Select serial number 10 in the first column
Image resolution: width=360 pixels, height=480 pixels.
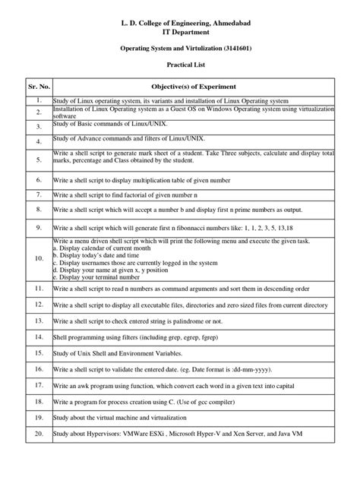(38, 258)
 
